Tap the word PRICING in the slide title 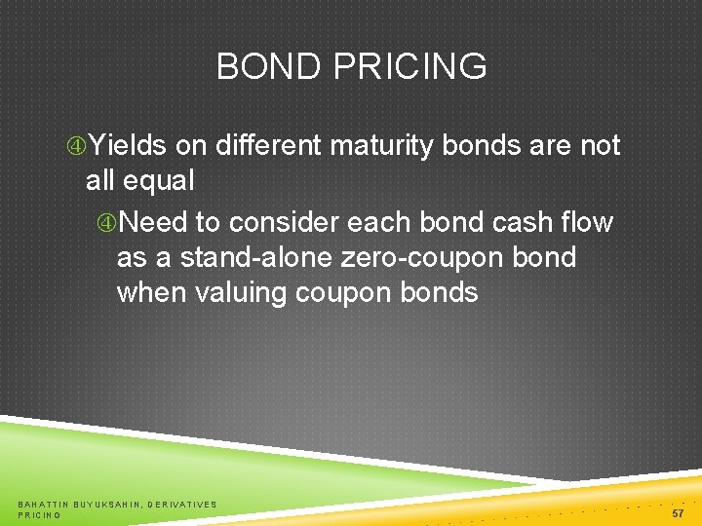(x=409, y=67)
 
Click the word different (x=269, y=146)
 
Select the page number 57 (x=678, y=512)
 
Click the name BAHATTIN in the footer (x=46, y=504)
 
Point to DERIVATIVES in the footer (x=182, y=504)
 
